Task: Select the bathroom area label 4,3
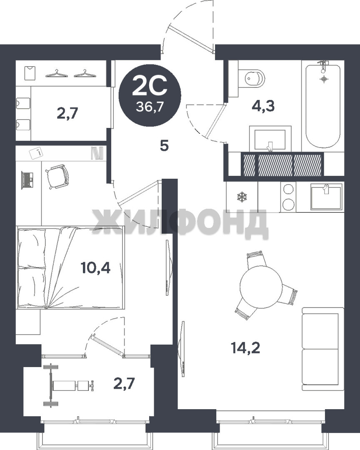coord(263,106)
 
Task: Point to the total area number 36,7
coord(150,107)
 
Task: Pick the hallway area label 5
coord(164,146)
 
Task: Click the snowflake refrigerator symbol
coord(242,197)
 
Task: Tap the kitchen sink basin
coord(326,197)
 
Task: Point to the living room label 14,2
coord(245,348)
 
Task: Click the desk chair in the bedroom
coord(57,177)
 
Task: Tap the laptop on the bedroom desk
coord(27,180)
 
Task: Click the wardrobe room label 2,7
coord(67,113)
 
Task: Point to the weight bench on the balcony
coord(69,385)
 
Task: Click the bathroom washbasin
coord(270,139)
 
